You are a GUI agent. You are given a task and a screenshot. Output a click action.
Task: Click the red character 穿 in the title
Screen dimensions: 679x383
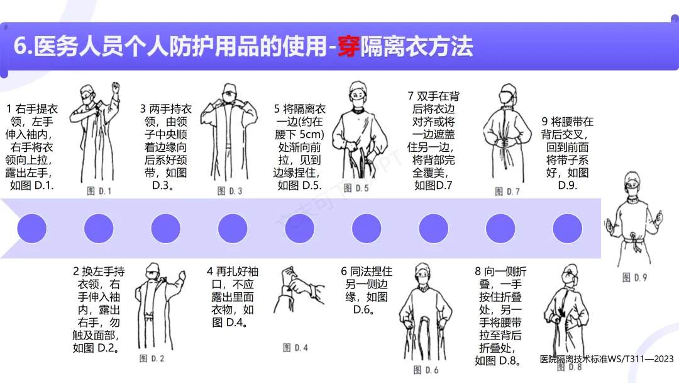pos(348,47)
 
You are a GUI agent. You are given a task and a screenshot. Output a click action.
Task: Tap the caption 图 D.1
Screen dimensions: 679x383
pos(99,191)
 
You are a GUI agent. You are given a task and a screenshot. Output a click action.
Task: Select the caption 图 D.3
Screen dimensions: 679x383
pos(229,191)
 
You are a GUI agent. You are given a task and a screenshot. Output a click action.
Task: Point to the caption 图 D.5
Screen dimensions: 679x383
pos(356,188)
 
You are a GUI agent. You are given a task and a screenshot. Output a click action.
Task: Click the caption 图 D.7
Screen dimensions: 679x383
pos(507,191)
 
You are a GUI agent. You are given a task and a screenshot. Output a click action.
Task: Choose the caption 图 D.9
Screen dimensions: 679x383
pos(634,277)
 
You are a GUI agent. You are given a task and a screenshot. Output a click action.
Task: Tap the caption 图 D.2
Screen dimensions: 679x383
pos(152,358)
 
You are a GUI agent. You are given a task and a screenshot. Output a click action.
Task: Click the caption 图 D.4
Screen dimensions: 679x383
pos(295,348)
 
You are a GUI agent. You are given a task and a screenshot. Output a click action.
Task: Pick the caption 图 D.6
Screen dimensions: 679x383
pos(426,370)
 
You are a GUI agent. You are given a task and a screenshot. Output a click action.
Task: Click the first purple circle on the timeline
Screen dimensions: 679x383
pos(32,229)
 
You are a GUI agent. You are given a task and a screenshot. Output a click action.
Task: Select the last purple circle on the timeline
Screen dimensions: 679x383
pos(567,229)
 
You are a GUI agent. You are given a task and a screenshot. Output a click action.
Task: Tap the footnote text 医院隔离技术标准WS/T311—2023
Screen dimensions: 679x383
pos(607,358)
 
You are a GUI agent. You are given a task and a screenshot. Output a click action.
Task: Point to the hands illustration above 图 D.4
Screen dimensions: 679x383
pos(298,289)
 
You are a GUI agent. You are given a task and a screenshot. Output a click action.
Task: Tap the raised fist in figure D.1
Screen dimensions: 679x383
pos(116,87)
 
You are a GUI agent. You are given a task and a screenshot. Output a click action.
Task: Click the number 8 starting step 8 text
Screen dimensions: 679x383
pos(478,272)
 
